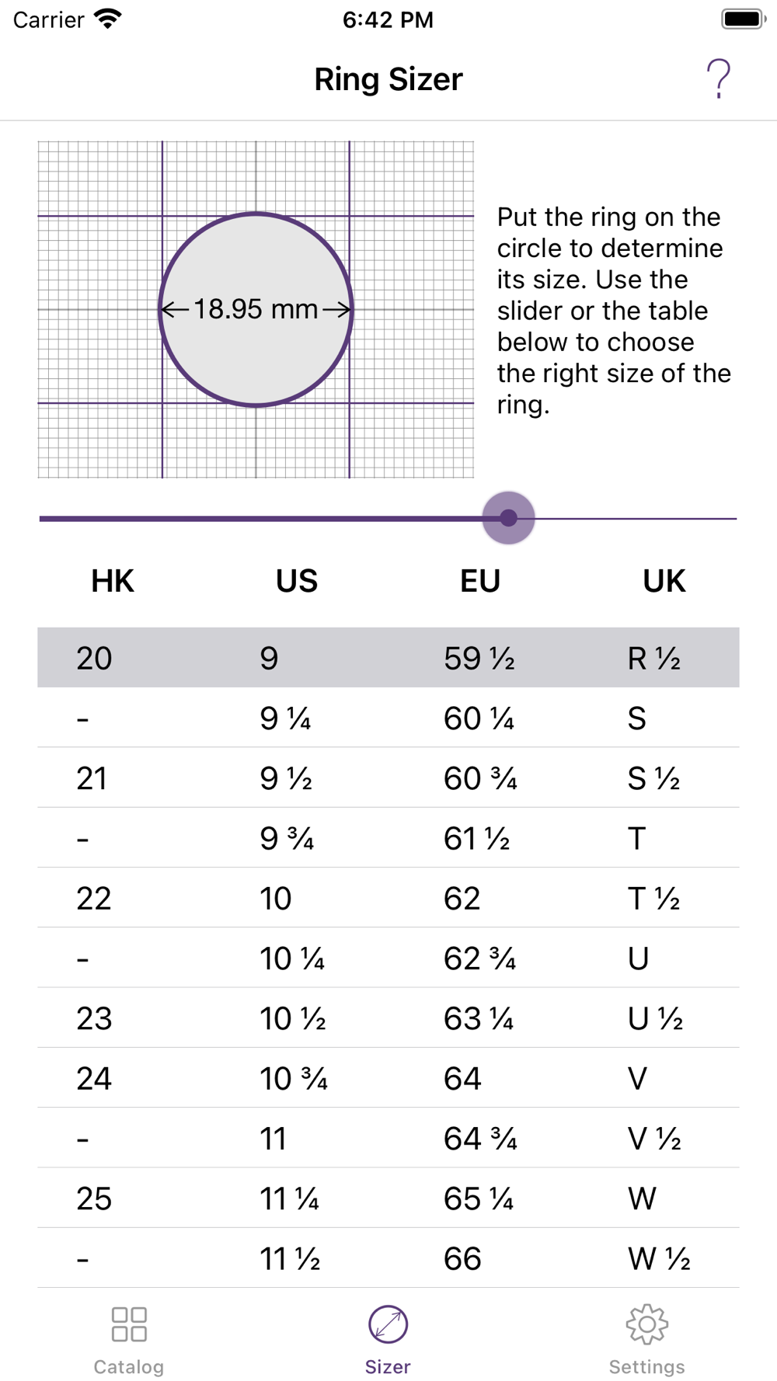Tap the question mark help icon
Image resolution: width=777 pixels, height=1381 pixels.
pyautogui.click(x=718, y=79)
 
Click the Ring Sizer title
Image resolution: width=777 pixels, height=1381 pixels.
pyautogui.click(x=388, y=79)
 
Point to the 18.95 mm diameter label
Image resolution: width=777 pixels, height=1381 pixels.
pyautogui.click(x=256, y=309)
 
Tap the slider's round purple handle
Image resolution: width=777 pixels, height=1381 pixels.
pyautogui.click(x=508, y=518)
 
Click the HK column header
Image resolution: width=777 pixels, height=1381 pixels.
pyautogui.click(x=113, y=581)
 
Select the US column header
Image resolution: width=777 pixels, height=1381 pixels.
pyautogui.click(x=297, y=581)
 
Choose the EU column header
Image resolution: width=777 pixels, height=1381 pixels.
pyautogui.click(x=480, y=581)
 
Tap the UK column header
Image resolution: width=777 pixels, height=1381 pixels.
pyautogui.click(x=664, y=581)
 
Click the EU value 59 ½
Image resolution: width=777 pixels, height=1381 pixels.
pyautogui.click(x=479, y=659)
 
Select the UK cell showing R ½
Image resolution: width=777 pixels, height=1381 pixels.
pyautogui.click(x=654, y=659)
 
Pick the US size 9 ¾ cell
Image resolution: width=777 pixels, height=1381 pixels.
pyautogui.click(x=287, y=839)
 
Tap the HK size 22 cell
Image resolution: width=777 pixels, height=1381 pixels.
pyautogui.click(x=94, y=899)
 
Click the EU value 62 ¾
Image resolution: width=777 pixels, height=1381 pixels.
pyautogui.click(x=480, y=959)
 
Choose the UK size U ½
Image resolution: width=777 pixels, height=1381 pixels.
pyautogui.click(x=655, y=1019)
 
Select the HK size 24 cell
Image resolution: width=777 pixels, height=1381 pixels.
pyautogui.click(x=94, y=1079)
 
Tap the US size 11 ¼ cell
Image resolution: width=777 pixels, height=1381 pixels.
pyautogui.click(x=289, y=1199)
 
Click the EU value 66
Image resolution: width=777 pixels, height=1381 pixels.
pyautogui.click(x=462, y=1259)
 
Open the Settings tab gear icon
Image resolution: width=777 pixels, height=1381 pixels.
pyautogui.click(x=647, y=1324)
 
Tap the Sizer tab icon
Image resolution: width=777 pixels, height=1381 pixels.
pyautogui.click(x=388, y=1324)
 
